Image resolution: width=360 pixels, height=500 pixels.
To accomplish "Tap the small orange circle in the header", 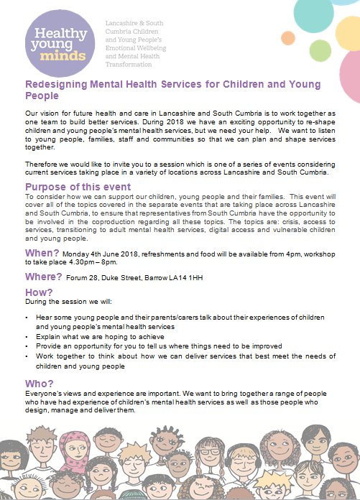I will [288, 37].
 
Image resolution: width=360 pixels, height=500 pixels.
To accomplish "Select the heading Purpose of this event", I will [75, 186].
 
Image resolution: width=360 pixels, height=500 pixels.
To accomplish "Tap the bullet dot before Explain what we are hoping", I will [27, 335].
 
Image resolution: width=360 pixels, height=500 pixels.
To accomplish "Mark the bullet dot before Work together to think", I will [27, 356].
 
